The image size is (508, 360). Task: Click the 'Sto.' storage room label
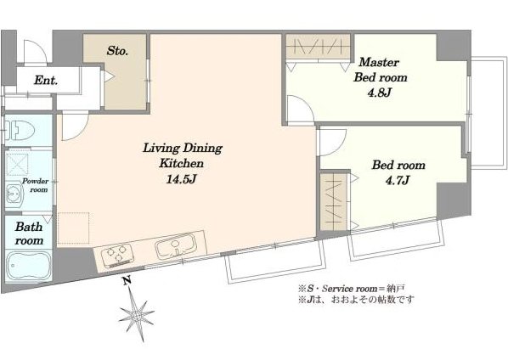pyautogui.click(x=117, y=50)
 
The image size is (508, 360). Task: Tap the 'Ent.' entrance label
pyautogui.click(x=46, y=80)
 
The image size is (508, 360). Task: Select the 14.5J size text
pyautogui.click(x=181, y=179)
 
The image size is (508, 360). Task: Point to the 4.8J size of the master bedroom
pyautogui.click(x=380, y=93)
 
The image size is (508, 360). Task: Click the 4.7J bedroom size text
pyautogui.click(x=398, y=180)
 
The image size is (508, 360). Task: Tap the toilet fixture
pyautogui.click(x=20, y=130)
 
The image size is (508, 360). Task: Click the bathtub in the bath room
pyautogui.click(x=29, y=264)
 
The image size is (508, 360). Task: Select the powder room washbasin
pyautogui.click(x=14, y=194)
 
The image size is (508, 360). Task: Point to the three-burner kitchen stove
pyautogui.click(x=117, y=255)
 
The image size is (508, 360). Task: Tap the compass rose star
pyautogui.click(x=136, y=314)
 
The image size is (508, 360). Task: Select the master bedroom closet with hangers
pyautogui.click(x=318, y=47)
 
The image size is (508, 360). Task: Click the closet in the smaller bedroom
pyautogui.click(x=334, y=202)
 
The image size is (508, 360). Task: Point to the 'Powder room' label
pyautogui.click(x=35, y=185)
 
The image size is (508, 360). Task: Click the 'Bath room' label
pyautogui.click(x=29, y=233)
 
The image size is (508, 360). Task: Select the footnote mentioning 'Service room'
pyautogui.click(x=352, y=288)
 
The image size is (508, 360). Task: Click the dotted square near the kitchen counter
pyautogui.click(x=73, y=228)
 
